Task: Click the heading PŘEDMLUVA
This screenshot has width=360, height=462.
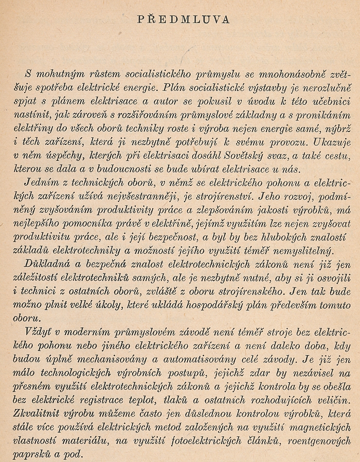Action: pyautogui.click(x=184, y=20)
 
